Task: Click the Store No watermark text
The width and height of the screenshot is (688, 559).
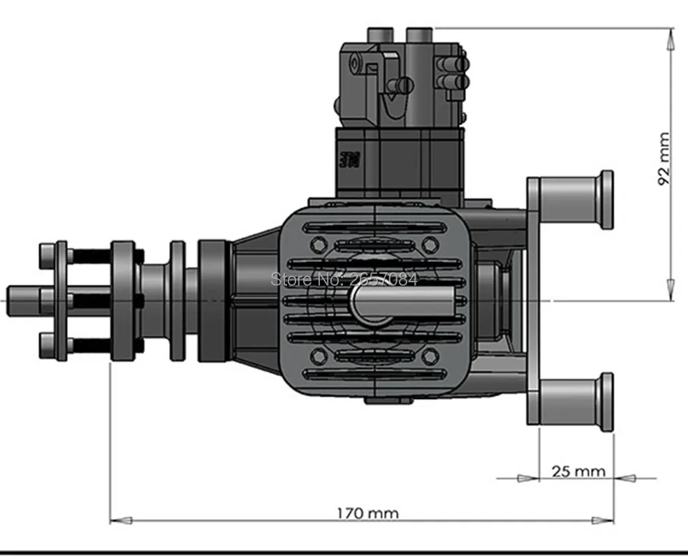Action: click(344, 279)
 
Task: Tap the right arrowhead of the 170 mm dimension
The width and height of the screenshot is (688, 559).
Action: click(603, 520)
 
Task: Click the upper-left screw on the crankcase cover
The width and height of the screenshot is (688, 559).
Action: click(318, 244)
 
